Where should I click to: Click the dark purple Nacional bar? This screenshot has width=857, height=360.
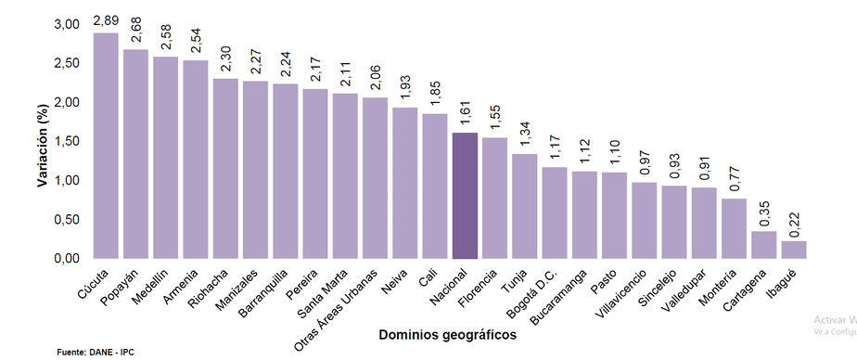click(x=464, y=196)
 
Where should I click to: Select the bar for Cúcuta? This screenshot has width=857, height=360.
click(x=106, y=146)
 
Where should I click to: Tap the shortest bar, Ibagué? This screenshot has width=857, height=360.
click(x=793, y=250)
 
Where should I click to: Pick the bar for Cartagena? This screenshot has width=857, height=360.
click(x=763, y=245)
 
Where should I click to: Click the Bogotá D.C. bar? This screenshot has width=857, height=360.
click(x=554, y=212)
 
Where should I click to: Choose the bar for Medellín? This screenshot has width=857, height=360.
click(x=165, y=158)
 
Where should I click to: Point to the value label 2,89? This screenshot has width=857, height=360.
click(x=106, y=19)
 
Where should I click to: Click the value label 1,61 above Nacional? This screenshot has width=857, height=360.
click(x=465, y=117)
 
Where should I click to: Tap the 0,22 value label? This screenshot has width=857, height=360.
click(x=794, y=225)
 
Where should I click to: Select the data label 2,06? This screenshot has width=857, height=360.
click(x=376, y=82)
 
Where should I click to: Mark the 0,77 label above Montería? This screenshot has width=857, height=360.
click(x=734, y=183)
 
